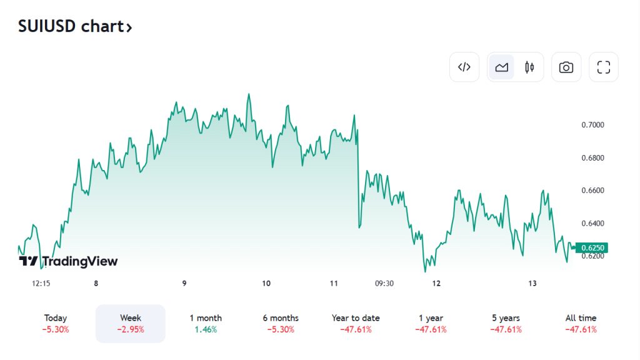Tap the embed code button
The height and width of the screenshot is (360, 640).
(x=464, y=67)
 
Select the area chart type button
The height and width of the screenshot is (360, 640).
(x=501, y=67)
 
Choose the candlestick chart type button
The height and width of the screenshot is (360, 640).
(x=529, y=67)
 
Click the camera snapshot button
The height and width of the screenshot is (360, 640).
(x=566, y=67)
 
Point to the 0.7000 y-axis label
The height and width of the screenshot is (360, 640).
(x=592, y=125)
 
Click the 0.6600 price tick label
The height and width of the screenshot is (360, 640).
(x=592, y=191)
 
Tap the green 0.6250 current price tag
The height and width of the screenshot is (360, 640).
(x=591, y=248)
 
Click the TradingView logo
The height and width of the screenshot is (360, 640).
(x=68, y=261)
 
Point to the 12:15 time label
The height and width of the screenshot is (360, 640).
(x=41, y=283)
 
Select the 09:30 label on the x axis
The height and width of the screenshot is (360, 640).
(x=384, y=283)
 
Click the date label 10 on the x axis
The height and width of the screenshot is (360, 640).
(x=266, y=283)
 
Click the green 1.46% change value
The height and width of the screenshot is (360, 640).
(x=206, y=329)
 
